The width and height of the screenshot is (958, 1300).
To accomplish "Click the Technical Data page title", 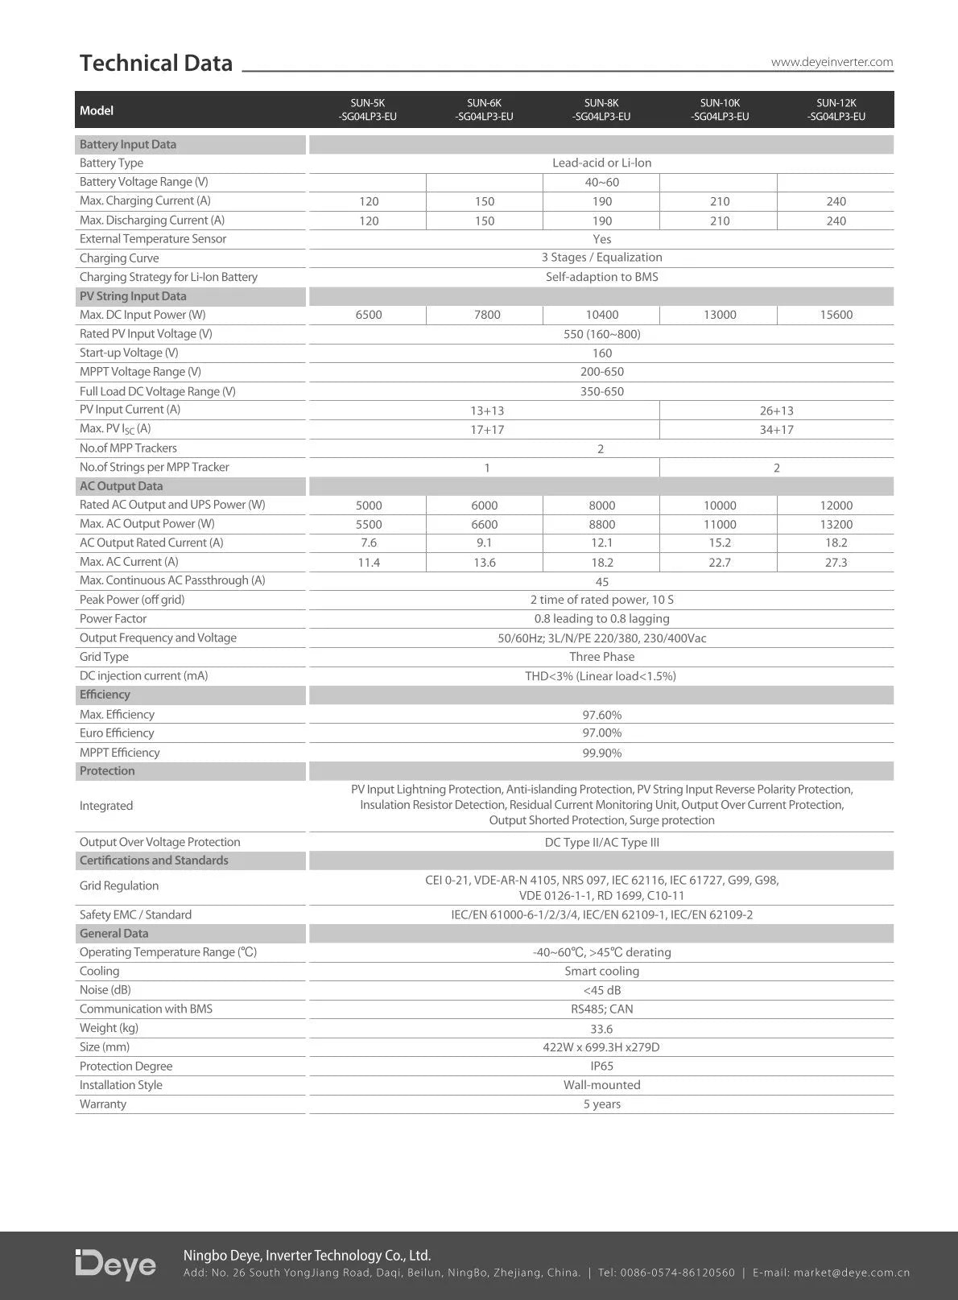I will point(156,63).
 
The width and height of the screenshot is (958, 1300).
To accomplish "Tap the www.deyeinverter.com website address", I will point(832,62).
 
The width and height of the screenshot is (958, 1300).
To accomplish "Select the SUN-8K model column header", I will point(601,109).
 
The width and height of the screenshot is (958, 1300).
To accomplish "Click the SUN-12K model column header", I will point(836,109).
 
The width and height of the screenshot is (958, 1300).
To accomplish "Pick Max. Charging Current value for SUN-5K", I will point(369,201).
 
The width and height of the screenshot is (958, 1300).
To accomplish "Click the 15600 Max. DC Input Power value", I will point(836,315).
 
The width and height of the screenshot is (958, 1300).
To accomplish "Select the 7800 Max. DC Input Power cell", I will point(487,315).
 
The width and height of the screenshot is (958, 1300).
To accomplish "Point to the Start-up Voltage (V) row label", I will point(129,353).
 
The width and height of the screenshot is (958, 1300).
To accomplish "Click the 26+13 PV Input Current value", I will point(776,411).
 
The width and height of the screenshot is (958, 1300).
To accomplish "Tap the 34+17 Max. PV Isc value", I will point(776,430).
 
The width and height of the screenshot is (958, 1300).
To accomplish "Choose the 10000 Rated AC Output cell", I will point(720,506).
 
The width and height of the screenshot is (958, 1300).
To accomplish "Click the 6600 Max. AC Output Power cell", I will point(485,524).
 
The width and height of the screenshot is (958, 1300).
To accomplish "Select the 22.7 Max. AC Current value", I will point(720,563).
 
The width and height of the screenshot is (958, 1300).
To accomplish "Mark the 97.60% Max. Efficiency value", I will point(601,715).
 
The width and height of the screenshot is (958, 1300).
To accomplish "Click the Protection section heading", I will point(107,771).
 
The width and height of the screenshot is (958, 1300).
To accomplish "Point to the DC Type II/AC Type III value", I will point(601,843).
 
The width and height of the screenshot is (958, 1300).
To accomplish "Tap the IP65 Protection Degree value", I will point(601,1067).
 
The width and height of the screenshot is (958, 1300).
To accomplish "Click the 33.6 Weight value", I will point(601,1029).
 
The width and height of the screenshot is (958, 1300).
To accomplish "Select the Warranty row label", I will point(103,1104).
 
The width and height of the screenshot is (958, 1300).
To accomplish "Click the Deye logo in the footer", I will point(115,1265).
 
